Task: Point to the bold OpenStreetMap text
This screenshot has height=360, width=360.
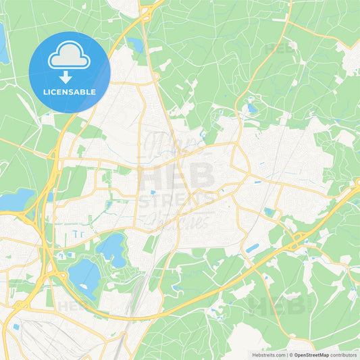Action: click(x=311, y=355)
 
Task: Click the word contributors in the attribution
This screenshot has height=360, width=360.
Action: click(x=344, y=355)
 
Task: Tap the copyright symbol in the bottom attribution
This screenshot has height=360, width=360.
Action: click(x=290, y=355)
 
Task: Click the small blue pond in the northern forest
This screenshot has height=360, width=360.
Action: click(x=251, y=108)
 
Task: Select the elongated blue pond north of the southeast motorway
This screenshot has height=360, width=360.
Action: click(x=252, y=249)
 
